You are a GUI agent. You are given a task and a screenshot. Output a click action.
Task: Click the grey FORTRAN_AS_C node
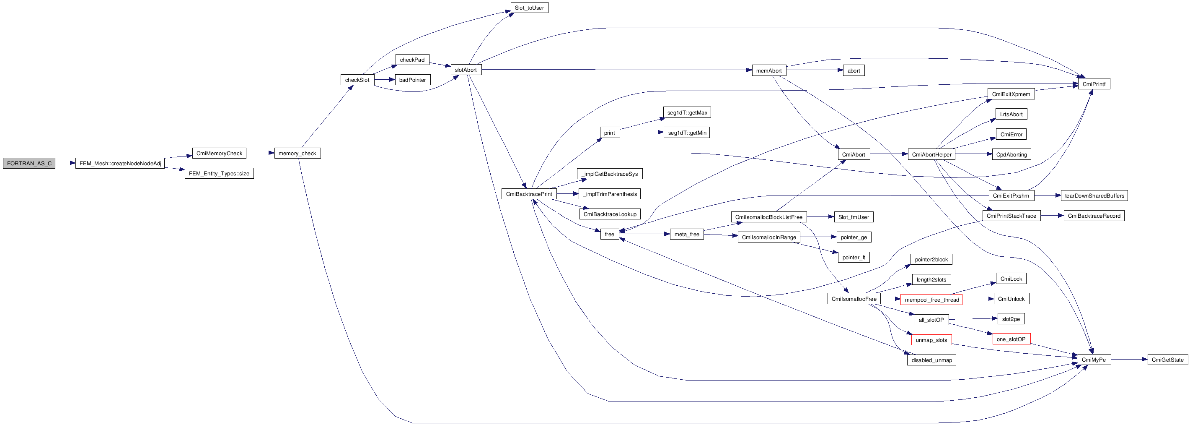point(29,163)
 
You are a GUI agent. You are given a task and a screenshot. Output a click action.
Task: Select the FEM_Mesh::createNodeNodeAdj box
point(120,163)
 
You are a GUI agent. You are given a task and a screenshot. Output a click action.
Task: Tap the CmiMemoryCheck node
point(219,153)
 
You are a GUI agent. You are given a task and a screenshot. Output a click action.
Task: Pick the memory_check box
point(297,153)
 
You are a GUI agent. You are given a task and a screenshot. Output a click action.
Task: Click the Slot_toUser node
point(529,8)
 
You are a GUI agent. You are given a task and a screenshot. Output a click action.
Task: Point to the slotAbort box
point(466,70)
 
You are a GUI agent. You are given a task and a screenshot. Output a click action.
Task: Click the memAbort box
point(769,71)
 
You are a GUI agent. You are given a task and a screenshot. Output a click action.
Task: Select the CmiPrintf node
point(1094,84)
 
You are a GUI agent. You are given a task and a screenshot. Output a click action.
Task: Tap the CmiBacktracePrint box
point(528,194)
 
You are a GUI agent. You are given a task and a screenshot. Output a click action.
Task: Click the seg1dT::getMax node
point(687,113)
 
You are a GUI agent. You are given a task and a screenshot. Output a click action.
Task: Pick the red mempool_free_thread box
point(931,300)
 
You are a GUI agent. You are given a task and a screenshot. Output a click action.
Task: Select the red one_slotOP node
point(1011,339)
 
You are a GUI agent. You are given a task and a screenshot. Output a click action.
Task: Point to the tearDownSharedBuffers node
point(1094,196)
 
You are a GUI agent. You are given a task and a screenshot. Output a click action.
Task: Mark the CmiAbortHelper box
point(931,154)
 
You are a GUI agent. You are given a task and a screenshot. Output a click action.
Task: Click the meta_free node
point(686,235)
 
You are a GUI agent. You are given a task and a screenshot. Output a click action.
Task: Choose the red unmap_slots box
point(931,340)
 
